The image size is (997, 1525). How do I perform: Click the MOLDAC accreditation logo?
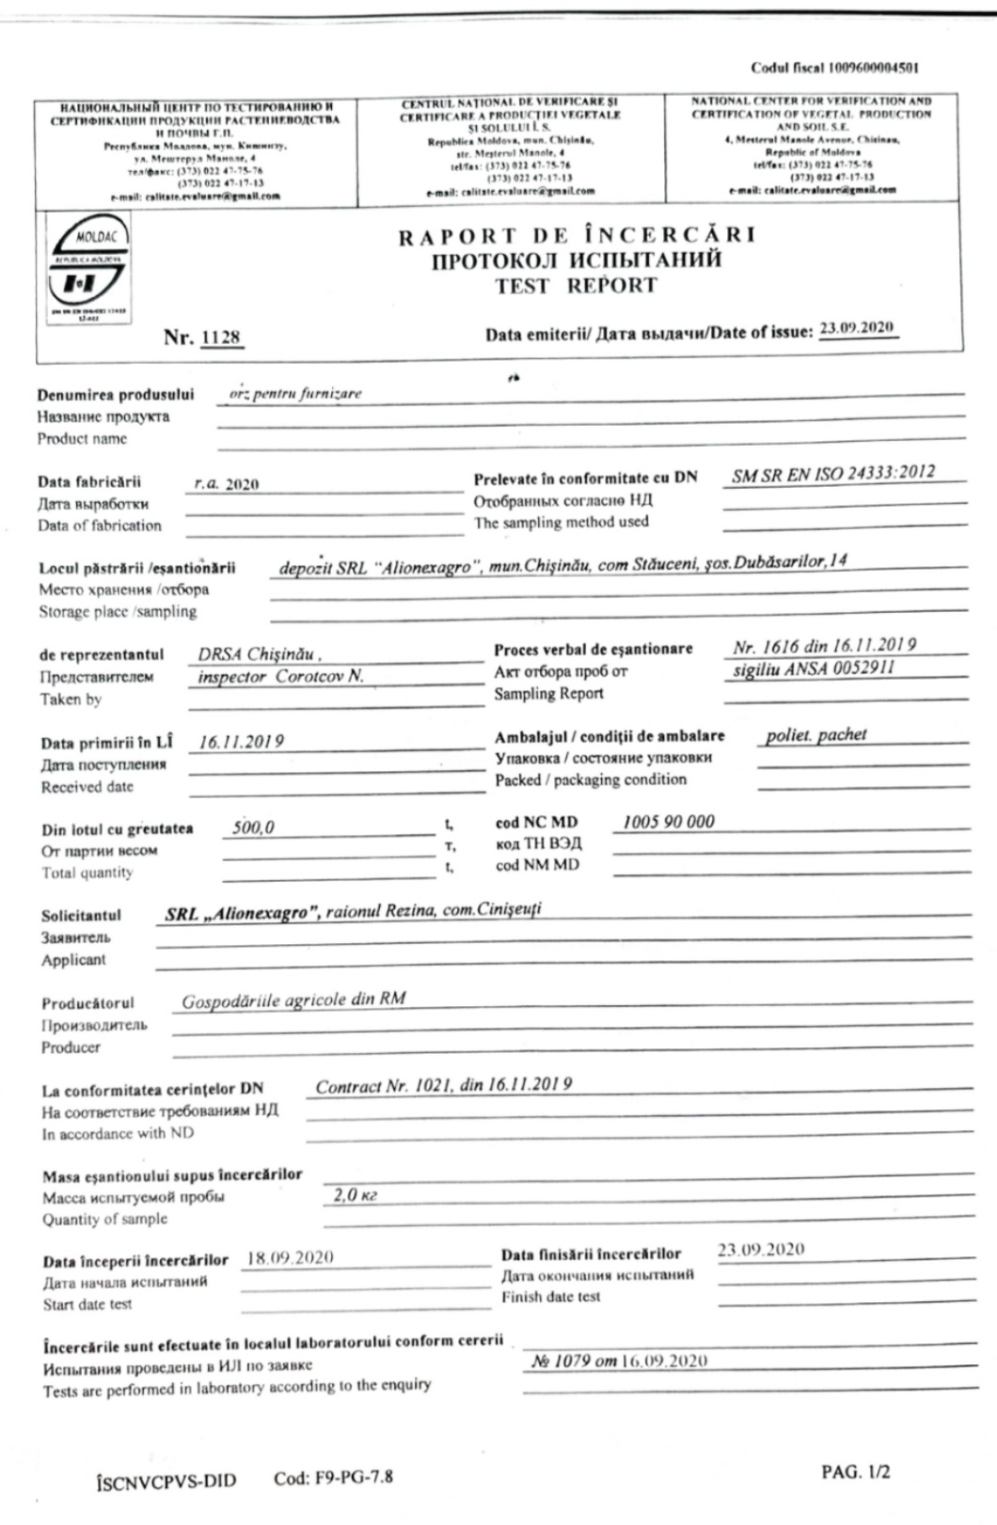tap(87, 269)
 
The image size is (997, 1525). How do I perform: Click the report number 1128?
tap(221, 338)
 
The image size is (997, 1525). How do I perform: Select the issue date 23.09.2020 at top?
tap(856, 328)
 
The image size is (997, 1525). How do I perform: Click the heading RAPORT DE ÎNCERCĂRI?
tap(576, 235)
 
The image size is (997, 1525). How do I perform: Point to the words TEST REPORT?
tap(576, 286)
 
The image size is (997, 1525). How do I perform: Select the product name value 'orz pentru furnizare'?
tap(294, 394)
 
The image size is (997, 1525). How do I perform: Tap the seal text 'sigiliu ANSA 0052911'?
tap(814, 668)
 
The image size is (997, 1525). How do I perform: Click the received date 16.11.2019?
tap(241, 742)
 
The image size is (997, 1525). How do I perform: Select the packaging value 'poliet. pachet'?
tap(815, 735)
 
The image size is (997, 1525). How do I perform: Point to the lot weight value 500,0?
tap(253, 827)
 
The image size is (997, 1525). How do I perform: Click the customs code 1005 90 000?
tap(668, 822)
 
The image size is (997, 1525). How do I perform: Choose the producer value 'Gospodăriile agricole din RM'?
tap(293, 1000)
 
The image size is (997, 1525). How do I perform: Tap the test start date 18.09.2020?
tap(290, 1258)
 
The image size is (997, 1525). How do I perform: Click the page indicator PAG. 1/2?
tap(855, 1471)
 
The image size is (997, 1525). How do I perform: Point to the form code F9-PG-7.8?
tap(333, 1477)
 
